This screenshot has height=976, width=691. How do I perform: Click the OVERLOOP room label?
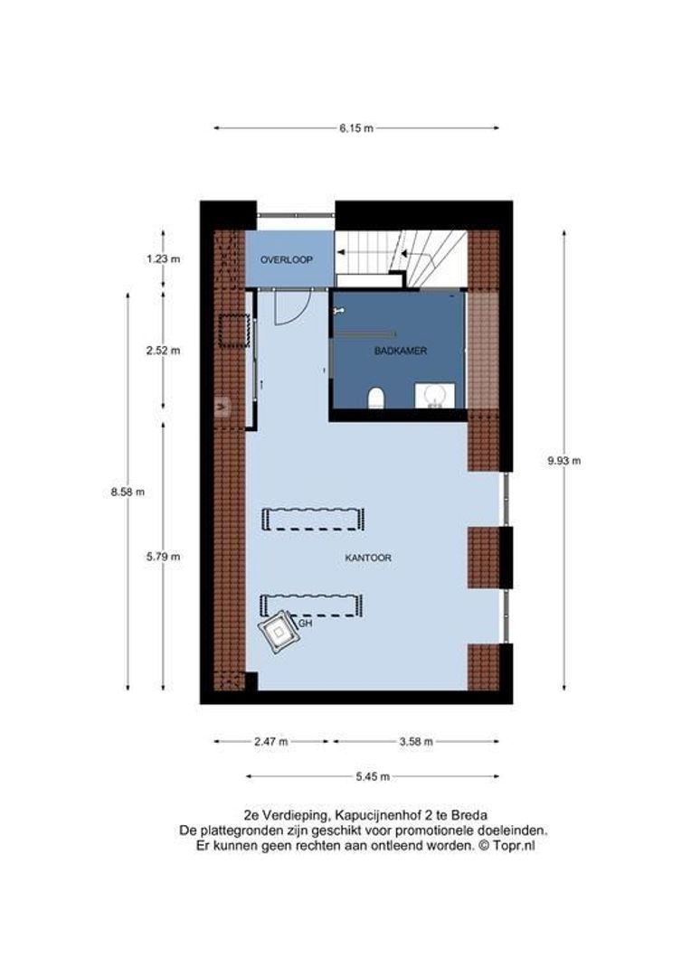click(x=286, y=259)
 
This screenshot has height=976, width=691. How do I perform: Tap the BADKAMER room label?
click(x=400, y=350)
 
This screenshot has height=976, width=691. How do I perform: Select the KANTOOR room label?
click(x=368, y=558)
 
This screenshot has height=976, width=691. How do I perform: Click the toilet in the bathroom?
click(x=377, y=398)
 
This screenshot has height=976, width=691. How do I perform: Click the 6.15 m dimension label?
click(x=356, y=128)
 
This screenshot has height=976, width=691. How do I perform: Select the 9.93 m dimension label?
click(x=563, y=460)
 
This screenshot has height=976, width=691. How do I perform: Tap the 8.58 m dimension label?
click(x=128, y=492)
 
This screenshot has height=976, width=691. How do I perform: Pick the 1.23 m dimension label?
click(x=164, y=259)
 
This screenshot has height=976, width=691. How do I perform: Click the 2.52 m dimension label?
click(x=164, y=351)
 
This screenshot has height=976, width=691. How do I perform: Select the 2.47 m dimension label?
click(x=271, y=741)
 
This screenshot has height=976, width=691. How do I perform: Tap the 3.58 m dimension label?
click(x=416, y=741)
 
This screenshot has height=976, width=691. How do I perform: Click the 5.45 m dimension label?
click(x=373, y=776)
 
